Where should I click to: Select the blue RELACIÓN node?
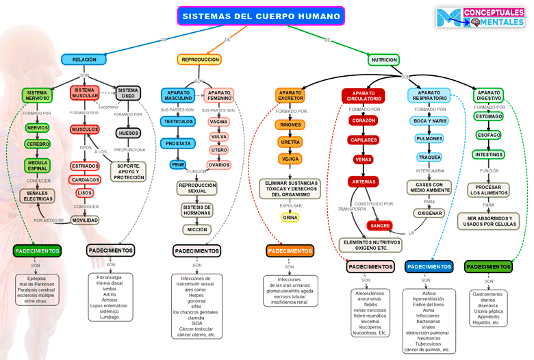(84, 60)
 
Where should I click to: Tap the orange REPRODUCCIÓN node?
(200, 60)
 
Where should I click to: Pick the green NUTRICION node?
(384, 60)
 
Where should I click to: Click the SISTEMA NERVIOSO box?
(37, 95)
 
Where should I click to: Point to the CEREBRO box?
(38, 144)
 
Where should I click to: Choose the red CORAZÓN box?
(363, 120)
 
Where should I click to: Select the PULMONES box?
(429, 139)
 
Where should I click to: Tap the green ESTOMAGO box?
(489, 116)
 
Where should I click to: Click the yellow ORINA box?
(290, 218)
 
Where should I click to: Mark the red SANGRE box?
(379, 225)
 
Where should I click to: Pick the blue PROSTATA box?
(178, 144)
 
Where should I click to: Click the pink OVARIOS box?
(219, 165)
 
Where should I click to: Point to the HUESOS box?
(128, 133)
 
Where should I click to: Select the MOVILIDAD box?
(85, 220)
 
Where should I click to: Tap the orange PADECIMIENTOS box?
(290, 251)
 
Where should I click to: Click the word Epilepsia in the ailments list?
(36, 279)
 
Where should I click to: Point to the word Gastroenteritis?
(487, 294)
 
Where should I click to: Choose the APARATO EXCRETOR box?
(290, 95)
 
